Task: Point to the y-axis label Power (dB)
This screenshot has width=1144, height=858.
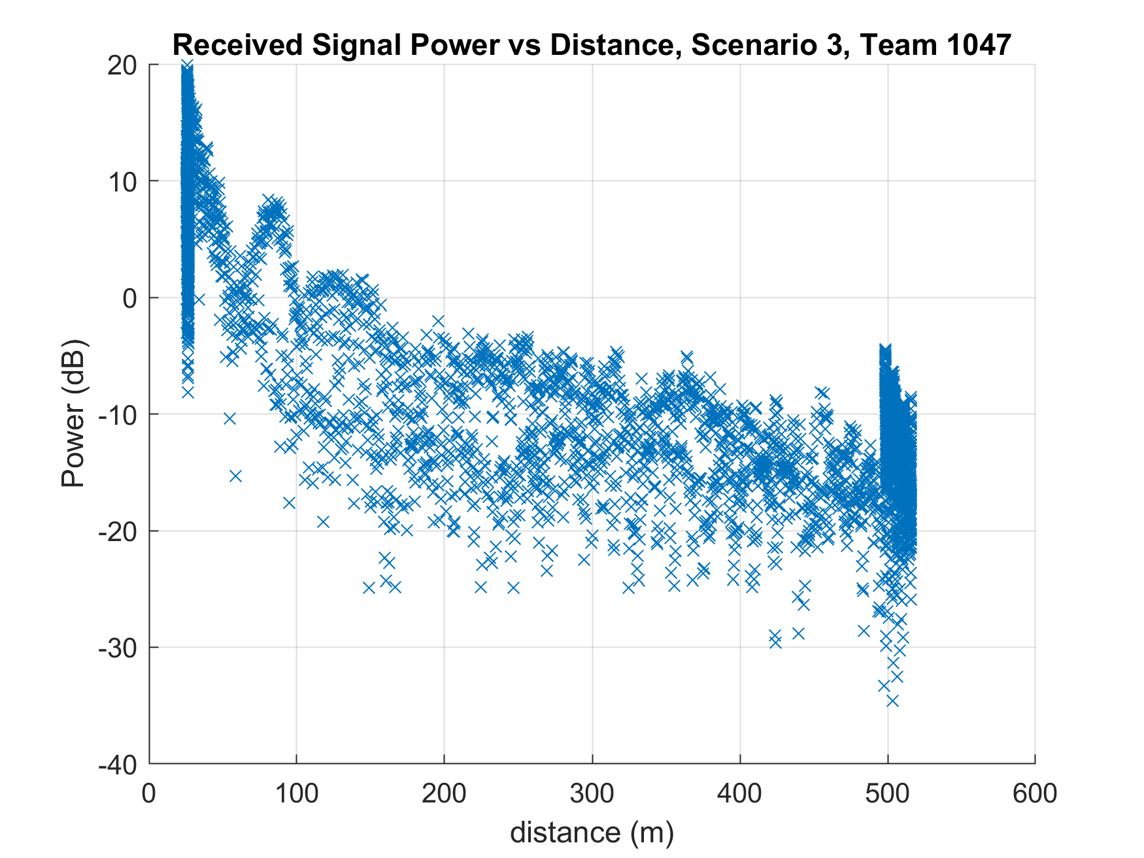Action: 73,414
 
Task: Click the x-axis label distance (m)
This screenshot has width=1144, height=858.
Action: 592,833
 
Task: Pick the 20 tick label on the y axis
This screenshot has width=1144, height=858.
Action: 122,65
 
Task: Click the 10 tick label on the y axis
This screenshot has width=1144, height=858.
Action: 122,182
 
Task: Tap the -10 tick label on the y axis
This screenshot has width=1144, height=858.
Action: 118,415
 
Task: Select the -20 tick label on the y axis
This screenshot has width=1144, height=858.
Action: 118,531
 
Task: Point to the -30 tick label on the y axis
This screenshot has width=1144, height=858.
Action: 118,648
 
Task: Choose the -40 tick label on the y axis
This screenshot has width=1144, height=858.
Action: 118,764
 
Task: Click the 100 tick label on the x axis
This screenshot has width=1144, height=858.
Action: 296,793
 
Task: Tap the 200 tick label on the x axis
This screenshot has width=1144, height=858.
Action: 444,793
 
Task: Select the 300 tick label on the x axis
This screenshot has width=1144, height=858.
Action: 592,793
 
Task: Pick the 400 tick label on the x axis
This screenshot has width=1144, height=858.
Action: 739,793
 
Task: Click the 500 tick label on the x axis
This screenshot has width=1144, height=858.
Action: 887,793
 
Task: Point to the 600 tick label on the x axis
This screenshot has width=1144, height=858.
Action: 1035,793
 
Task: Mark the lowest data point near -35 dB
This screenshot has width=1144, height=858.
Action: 892,701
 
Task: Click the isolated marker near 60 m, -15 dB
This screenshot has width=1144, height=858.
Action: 236,476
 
